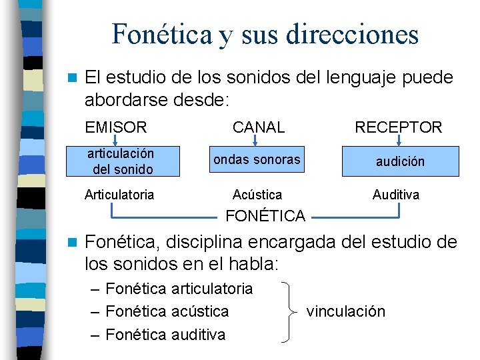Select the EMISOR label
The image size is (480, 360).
click(x=116, y=127)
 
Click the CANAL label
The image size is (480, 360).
click(x=258, y=127)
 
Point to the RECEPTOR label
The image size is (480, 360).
click(x=399, y=127)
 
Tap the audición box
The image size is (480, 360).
click(x=400, y=162)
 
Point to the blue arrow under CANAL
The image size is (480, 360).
click(x=257, y=141)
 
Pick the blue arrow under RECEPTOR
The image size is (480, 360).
click(x=399, y=141)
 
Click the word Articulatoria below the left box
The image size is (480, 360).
click(x=119, y=195)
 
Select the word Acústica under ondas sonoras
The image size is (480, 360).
click(x=257, y=195)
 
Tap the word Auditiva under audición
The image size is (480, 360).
click(x=396, y=195)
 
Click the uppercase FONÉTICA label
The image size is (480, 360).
click(x=265, y=215)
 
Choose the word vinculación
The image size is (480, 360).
click(x=346, y=311)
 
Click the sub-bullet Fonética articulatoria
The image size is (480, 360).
click(x=179, y=289)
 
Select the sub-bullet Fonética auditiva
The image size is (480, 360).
click(x=165, y=334)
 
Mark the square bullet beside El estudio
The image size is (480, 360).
click(x=74, y=79)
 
